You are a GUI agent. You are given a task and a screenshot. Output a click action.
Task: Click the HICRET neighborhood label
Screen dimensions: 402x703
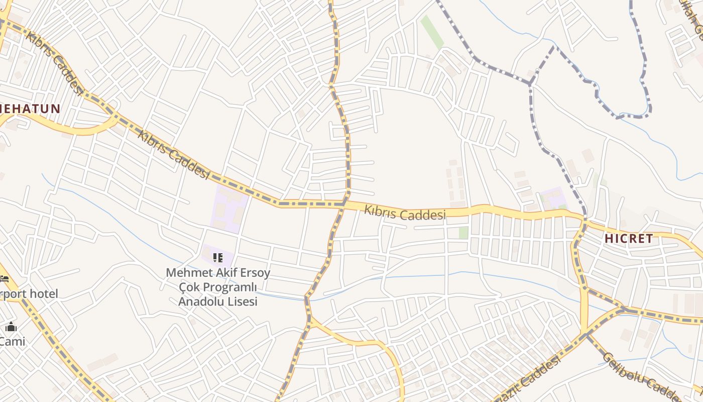(x=629, y=239)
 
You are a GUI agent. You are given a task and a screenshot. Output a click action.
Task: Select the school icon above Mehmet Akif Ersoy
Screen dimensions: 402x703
(x=218, y=258)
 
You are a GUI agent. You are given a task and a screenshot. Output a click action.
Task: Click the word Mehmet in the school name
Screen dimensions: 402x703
(x=185, y=273)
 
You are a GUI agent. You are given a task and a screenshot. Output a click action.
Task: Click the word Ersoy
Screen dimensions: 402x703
(x=255, y=273)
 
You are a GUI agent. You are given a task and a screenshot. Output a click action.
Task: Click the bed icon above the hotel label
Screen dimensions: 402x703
(x=5, y=278)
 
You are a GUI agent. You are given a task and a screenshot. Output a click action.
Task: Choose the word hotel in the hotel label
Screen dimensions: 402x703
(x=43, y=293)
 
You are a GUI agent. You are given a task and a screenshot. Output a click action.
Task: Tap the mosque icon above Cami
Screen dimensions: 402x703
(x=11, y=328)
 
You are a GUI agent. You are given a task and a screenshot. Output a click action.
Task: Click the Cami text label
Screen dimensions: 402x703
(x=13, y=341)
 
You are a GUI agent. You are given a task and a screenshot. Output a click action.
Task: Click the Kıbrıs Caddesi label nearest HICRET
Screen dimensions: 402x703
(x=405, y=213)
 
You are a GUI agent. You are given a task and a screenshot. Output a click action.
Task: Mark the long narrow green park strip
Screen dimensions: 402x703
(x=432, y=32)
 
